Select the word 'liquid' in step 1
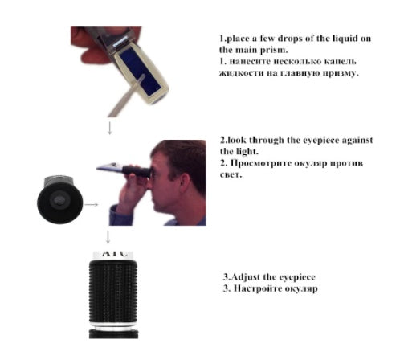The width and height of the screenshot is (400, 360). (345, 39)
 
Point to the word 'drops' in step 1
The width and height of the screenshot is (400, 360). (290, 39)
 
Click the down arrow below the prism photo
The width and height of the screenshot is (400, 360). (109, 128)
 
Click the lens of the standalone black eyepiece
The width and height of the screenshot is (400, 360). (58, 199)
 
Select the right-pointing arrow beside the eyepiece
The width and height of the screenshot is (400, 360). (92, 204)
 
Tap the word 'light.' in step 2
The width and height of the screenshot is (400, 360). (247, 152)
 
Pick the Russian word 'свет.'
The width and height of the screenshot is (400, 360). (231, 174)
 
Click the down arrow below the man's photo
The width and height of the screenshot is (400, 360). (108, 237)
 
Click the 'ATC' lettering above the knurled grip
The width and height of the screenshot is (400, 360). (114, 253)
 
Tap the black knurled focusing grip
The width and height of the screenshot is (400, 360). (113, 292)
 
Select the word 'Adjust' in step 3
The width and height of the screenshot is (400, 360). (246, 277)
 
